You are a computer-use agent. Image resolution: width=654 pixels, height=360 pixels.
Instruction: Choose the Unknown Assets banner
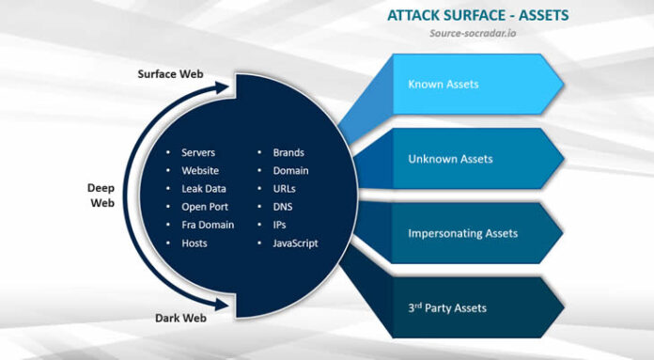(x=450, y=159)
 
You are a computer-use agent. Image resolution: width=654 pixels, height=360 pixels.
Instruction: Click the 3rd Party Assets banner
(x=447, y=307)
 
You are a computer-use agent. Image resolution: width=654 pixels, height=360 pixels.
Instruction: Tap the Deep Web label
(x=101, y=195)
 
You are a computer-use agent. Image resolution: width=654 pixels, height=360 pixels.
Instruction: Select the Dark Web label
(x=181, y=318)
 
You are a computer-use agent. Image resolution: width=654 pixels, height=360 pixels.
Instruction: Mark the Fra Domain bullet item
(x=208, y=225)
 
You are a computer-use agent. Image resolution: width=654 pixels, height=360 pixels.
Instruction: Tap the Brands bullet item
(x=288, y=152)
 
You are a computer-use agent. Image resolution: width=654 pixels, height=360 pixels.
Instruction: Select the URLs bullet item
(x=285, y=189)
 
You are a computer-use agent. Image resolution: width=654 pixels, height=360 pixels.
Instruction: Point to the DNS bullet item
(x=284, y=207)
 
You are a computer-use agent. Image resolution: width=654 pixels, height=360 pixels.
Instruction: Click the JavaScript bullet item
(x=295, y=243)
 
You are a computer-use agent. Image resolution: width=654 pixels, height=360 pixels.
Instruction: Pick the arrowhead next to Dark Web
(x=224, y=304)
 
